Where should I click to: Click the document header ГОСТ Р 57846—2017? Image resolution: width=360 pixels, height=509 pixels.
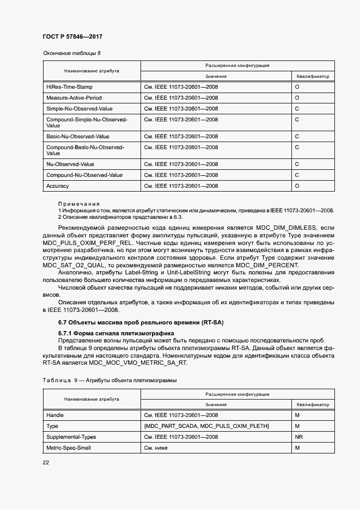72,36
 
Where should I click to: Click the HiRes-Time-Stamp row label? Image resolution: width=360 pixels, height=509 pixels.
69,87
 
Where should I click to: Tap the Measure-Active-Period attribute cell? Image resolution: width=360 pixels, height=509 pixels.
74,97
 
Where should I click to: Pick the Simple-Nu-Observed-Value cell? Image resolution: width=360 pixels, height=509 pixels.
79,108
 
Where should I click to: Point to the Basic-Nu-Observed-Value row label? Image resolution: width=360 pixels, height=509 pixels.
78,136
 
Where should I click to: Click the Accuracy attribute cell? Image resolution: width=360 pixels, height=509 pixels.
58,186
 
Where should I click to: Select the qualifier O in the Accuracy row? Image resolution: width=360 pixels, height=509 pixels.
297,186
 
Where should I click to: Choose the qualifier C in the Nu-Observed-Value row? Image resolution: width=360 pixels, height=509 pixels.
297,164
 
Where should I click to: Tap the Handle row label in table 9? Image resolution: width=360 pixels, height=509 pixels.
55,415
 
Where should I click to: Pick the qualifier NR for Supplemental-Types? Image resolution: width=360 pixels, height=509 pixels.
298,437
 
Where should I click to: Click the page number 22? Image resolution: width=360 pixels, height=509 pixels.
46,463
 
